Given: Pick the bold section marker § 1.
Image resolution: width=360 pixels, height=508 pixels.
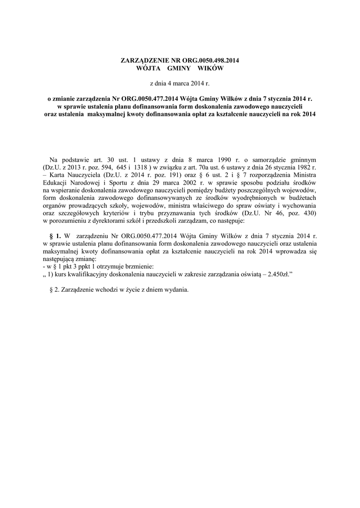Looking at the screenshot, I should pyautogui.click(x=56, y=237).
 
